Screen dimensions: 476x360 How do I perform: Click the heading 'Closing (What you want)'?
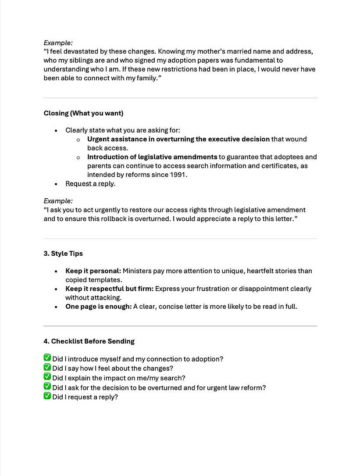83,113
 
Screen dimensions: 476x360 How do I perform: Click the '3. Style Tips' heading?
63,254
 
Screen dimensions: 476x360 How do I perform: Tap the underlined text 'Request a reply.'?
90,183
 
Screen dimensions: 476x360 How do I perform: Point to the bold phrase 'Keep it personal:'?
93,271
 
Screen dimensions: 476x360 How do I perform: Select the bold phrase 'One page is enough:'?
98,307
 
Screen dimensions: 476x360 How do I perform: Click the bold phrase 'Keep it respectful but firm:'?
109,289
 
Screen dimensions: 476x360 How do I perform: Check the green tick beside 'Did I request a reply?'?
47,396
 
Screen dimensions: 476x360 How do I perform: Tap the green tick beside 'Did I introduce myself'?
47,358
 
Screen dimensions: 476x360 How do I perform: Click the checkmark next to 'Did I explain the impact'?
47,377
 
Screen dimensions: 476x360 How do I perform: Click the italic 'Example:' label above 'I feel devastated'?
58,43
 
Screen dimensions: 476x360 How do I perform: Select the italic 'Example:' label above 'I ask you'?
58,201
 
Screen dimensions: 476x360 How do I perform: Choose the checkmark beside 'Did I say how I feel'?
47,368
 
